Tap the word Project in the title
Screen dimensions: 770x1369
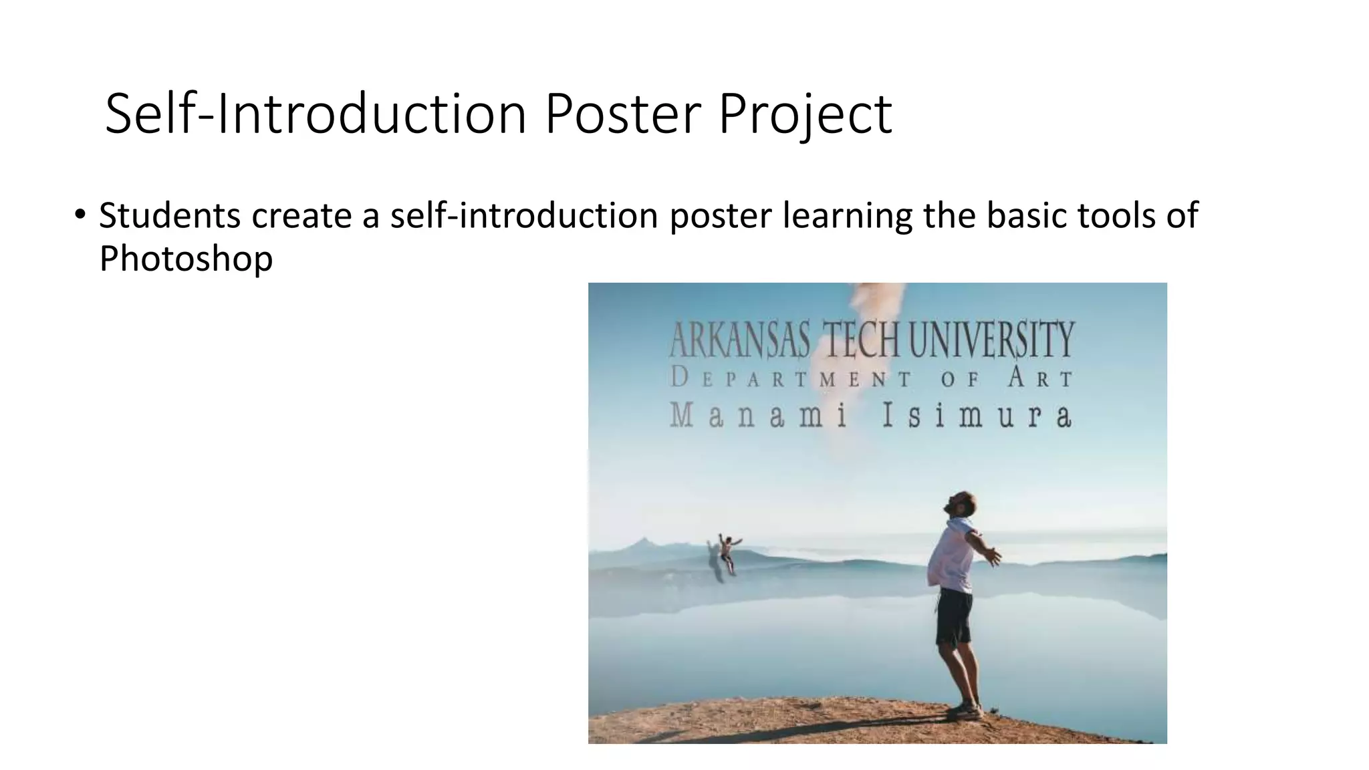805,115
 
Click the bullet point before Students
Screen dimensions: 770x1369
80,215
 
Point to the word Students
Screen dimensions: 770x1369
170,216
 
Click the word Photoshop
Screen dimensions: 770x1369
186,259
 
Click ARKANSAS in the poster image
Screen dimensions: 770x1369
739,340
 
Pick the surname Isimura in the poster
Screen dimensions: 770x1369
977,416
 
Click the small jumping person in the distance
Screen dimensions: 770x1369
727,552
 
